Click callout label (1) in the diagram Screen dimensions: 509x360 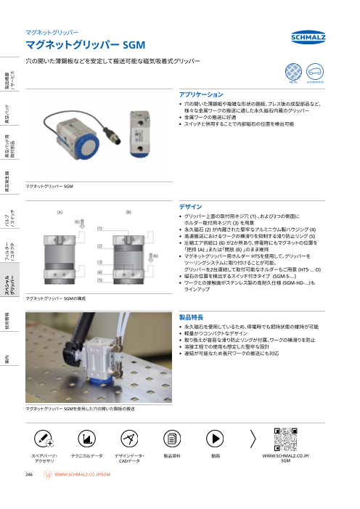click(99, 228)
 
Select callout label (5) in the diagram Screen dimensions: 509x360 click(99, 280)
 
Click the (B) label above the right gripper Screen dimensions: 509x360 click(128, 211)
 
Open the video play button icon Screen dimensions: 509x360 click(216, 439)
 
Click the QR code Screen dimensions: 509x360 click(285, 439)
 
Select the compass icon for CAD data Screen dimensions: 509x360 click(129, 439)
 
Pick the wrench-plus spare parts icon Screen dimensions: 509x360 click(43, 439)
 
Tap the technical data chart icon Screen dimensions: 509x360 click(86, 439)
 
